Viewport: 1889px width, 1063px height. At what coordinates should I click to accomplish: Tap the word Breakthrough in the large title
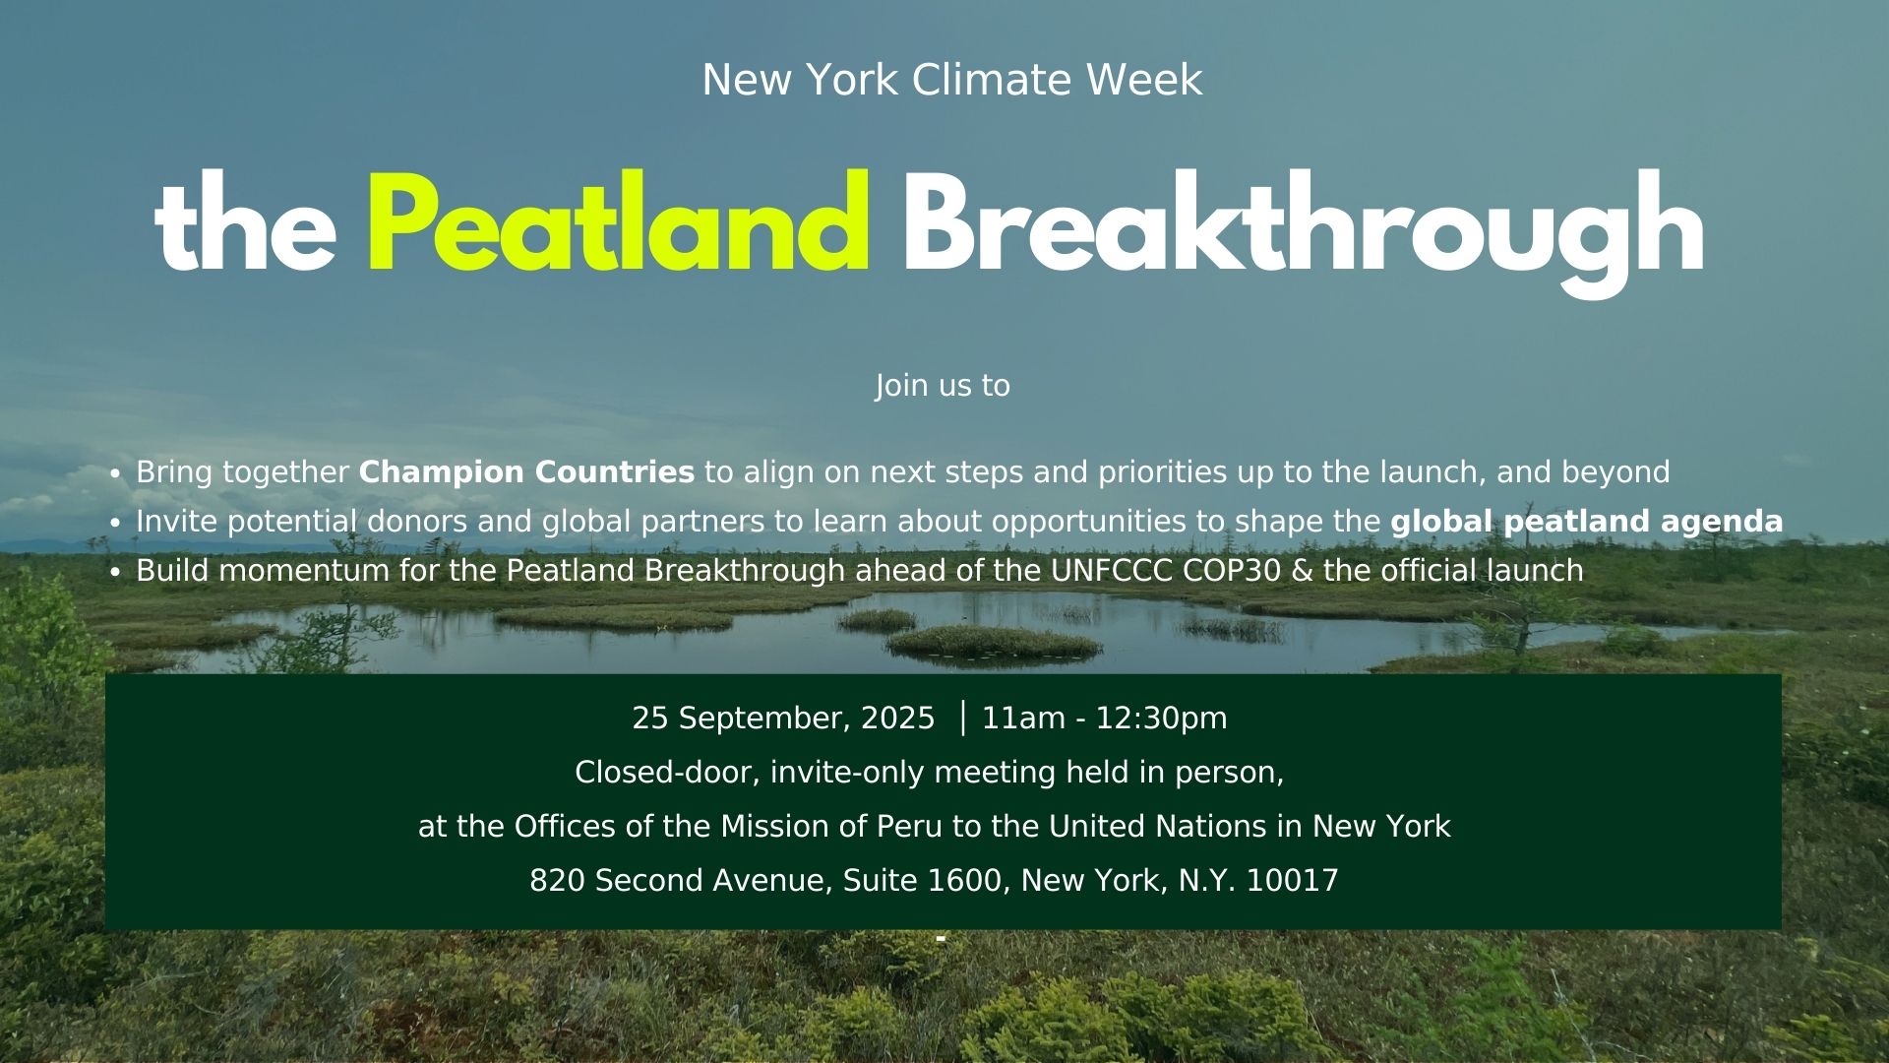coord(1303,232)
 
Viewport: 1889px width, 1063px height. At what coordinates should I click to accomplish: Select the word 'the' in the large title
coord(245,222)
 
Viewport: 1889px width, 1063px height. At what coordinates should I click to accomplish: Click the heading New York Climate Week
coord(951,80)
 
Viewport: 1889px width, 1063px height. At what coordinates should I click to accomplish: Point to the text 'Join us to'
coord(943,385)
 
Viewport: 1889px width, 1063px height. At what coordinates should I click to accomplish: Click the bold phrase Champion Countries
coord(526,472)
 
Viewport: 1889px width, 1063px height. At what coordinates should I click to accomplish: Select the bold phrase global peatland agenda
coord(1586,522)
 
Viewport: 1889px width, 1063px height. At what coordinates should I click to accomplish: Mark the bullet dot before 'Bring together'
coord(115,474)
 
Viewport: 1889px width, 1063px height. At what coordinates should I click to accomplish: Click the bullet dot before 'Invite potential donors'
coord(115,524)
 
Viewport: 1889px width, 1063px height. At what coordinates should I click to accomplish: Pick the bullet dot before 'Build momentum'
coord(115,573)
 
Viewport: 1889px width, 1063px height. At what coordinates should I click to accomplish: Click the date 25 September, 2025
coord(783,719)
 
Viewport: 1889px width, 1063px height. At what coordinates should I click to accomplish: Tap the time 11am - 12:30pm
coord(1104,719)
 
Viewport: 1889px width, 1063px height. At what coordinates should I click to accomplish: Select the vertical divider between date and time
coord(962,718)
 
